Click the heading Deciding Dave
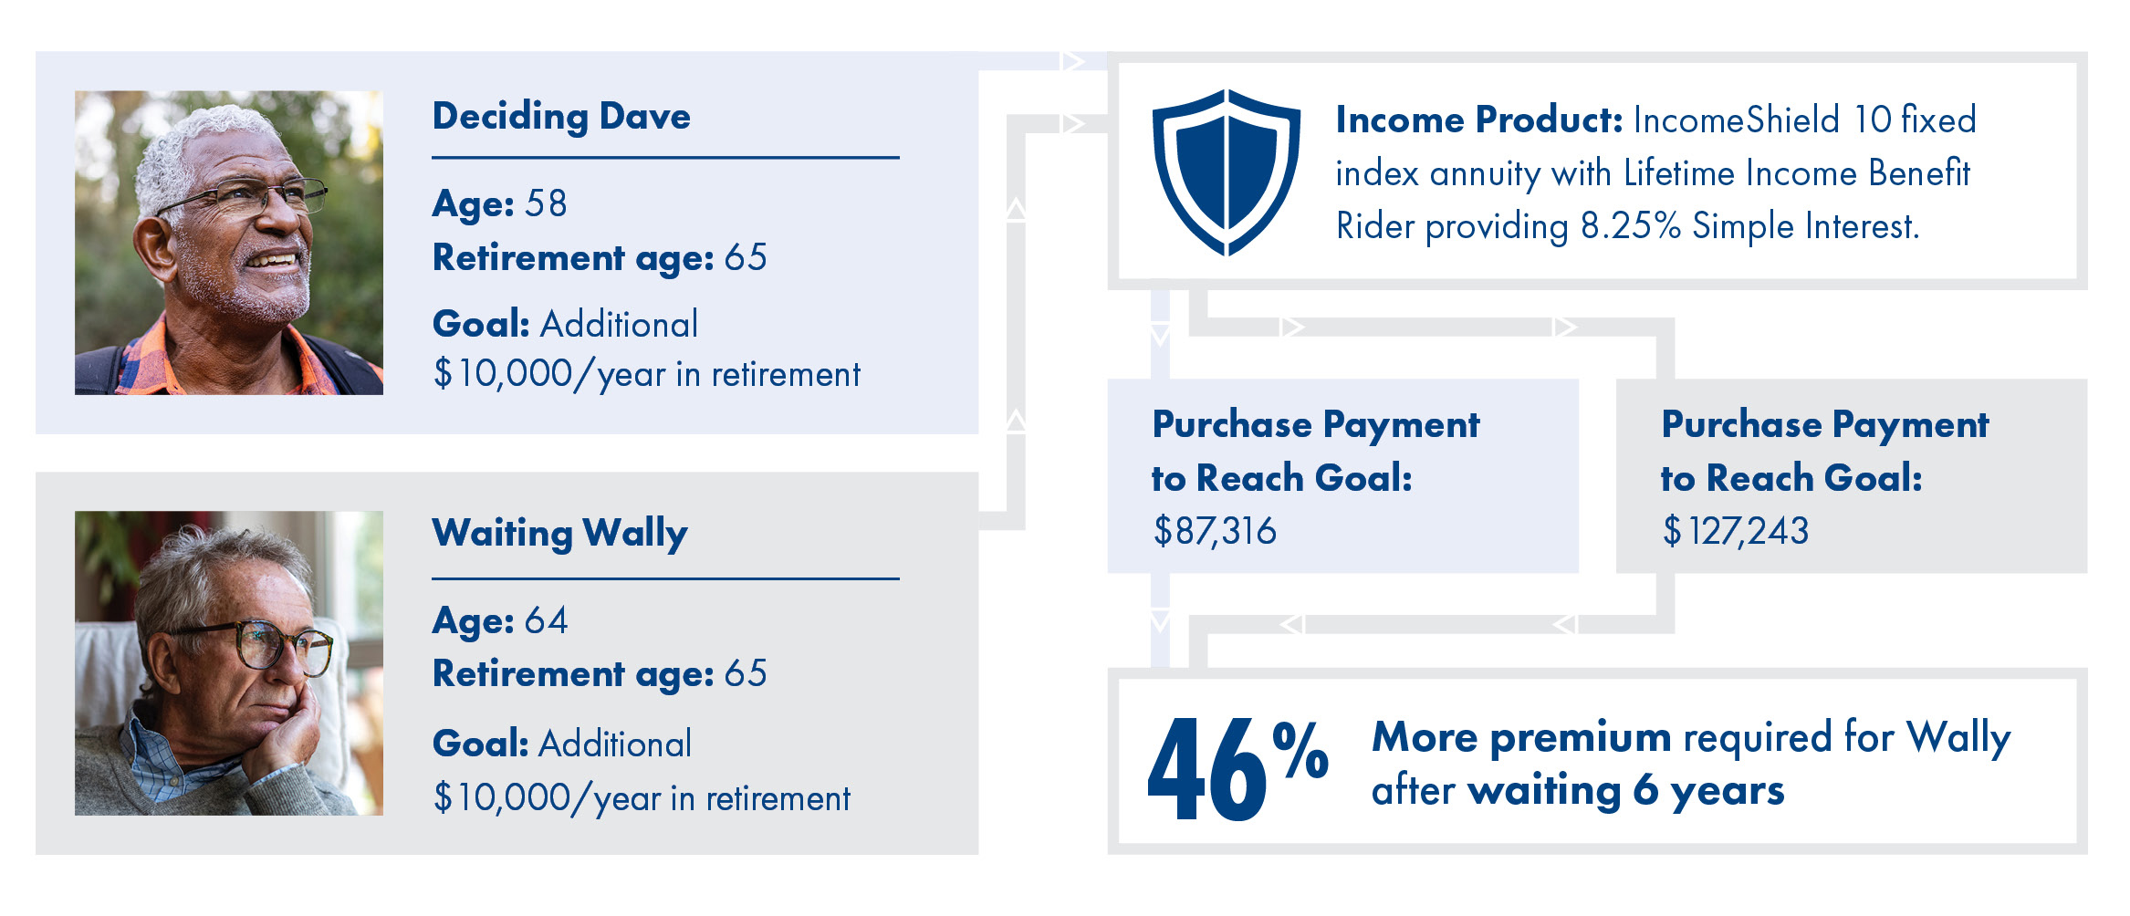coord(561,118)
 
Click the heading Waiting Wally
coord(560,534)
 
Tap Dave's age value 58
coord(546,203)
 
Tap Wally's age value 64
coord(546,620)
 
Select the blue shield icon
coord(1227,172)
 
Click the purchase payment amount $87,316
coord(1215,531)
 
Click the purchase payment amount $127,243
coord(1735,531)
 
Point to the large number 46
coord(1206,768)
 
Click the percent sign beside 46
coord(1300,750)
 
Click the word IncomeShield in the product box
coord(1736,120)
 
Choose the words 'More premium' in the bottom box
coord(1521,737)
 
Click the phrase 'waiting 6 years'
coord(1626,791)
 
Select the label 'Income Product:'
coord(1479,120)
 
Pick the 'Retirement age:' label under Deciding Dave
coord(573,258)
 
